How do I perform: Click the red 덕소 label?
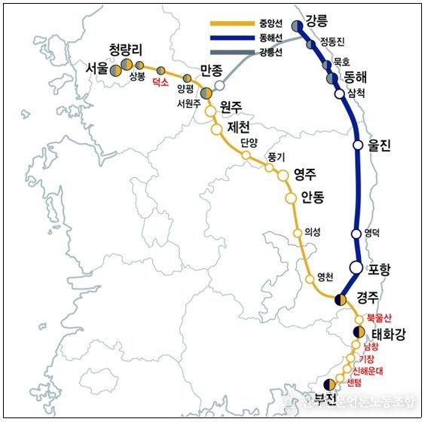click(160, 84)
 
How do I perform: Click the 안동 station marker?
click(291, 198)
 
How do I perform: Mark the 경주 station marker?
click(341, 299)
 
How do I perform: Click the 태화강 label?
click(389, 334)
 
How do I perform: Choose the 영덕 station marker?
click(357, 234)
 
